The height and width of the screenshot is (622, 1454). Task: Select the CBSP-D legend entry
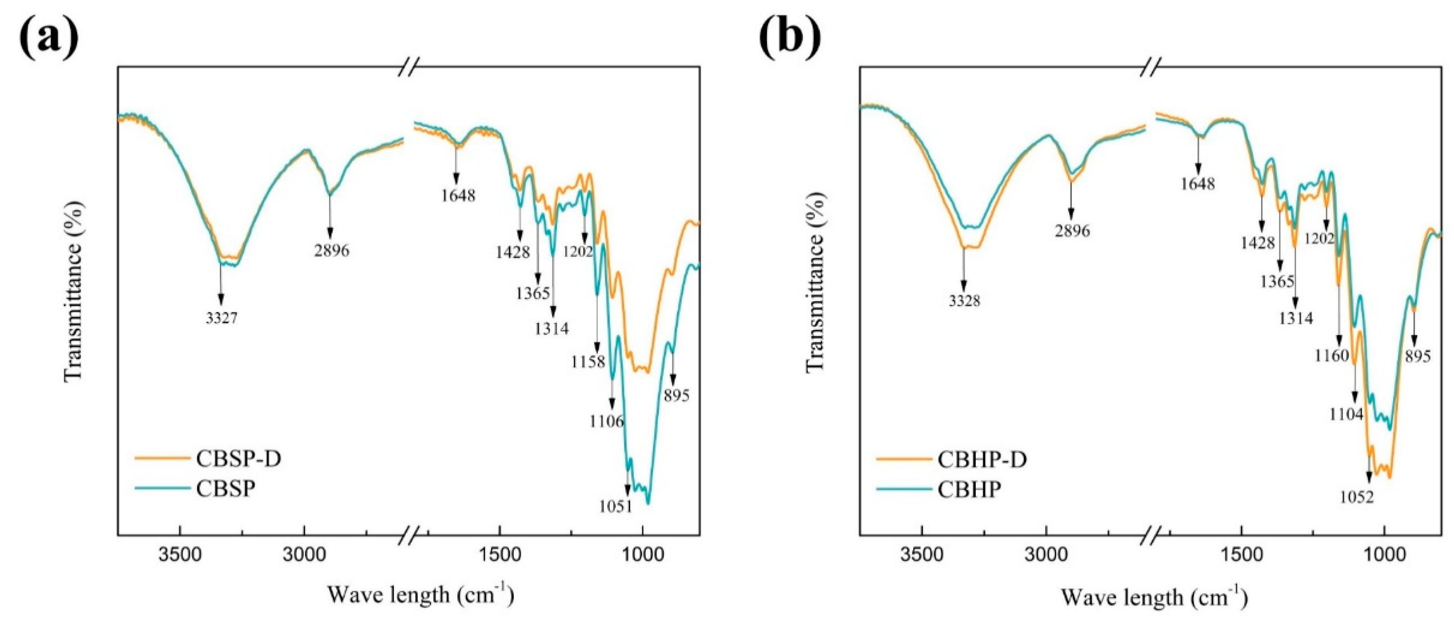[238, 459]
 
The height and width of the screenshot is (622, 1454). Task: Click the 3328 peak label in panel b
[964, 301]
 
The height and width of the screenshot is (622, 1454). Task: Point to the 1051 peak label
[616, 506]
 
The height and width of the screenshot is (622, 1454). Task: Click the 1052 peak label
[1357, 497]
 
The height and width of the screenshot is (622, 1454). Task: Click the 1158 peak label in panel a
[588, 361]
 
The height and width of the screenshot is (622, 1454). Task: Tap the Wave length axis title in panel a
[421, 594]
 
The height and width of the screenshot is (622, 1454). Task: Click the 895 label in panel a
[676, 396]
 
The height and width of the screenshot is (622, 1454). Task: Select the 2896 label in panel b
[1072, 231]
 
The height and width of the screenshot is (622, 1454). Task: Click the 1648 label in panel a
[458, 195]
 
